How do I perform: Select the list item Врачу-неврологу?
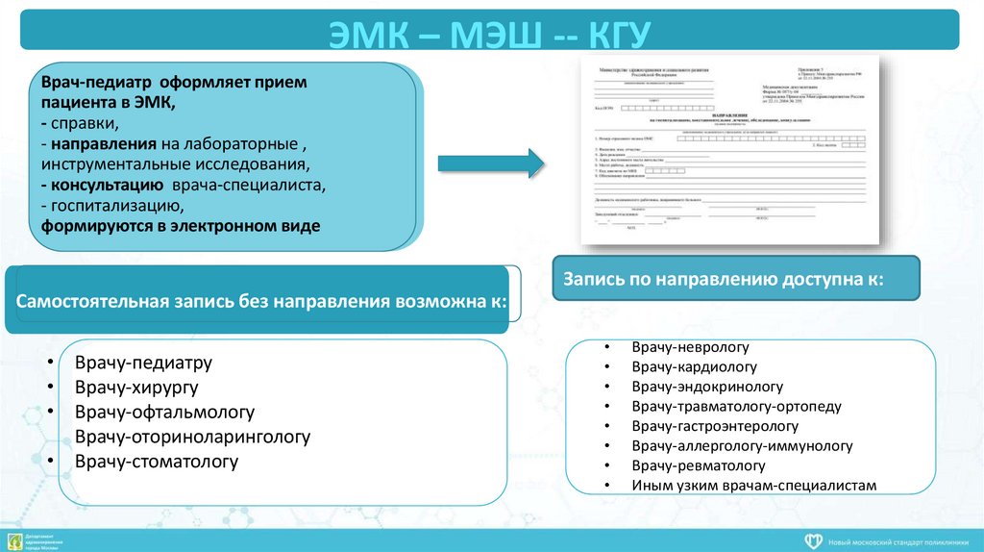click(690, 347)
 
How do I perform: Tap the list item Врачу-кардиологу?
click(694, 366)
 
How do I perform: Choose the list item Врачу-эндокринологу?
click(707, 387)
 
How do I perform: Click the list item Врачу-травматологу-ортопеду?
click(736, 407)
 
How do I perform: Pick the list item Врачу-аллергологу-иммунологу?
click(742, 446)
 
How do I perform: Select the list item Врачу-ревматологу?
click(698, 465)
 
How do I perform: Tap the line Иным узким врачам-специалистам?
click(753, 486)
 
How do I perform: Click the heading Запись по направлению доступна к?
click(723, 280)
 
